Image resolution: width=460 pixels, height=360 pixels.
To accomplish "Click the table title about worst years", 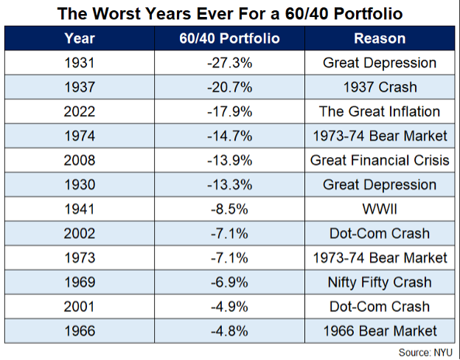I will pyautogui.click(x=230, y=13).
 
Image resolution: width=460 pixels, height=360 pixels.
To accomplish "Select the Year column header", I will pyautogui.click(x=79, y=38).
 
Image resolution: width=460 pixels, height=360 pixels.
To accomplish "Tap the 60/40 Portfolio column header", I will pyautogui.click(x=231, y=38).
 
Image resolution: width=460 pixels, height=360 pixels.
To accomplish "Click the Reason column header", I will pyautogui.click(x=380, y=38).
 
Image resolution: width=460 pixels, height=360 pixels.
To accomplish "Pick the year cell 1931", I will pyautogui.click(x=79, y=63).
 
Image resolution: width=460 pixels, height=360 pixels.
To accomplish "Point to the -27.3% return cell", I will pyautogui.click(x=231, y=63).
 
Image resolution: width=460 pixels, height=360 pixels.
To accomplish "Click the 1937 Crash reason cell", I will pyautogui.click(x=380, y=87).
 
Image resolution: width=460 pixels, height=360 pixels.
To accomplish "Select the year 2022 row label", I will pyautogui.click(x=79, y=111).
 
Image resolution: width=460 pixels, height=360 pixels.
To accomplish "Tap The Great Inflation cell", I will pyautogui.click(x=380, y=111).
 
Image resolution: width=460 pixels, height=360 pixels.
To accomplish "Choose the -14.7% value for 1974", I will pyautogui.click(x=231, y=136).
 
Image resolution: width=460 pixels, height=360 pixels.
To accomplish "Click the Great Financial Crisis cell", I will pyautogui.click(x=380, y=160).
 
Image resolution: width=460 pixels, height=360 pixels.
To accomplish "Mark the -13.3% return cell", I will pyautogui.click(x=231, y=184).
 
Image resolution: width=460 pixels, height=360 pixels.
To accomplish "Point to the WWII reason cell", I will pyautogui.click(x=380, y=209).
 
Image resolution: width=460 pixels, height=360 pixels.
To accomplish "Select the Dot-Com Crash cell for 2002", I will pyautogui.click(x=380, y=233).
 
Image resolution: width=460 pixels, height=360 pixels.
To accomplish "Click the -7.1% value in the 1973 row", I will pyautogui.click(x=231, y=257).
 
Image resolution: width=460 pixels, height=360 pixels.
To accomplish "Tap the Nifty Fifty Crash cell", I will pyautogui.click(x=380, y=282).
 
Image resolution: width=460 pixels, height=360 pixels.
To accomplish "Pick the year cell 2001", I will pyautogui.click(x=79, y=306).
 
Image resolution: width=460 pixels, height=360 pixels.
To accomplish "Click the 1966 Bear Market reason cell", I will pyautogui.click(x=380, y=330).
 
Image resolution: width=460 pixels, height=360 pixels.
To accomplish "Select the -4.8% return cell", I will pyautogui.click(x=231, y=330).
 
